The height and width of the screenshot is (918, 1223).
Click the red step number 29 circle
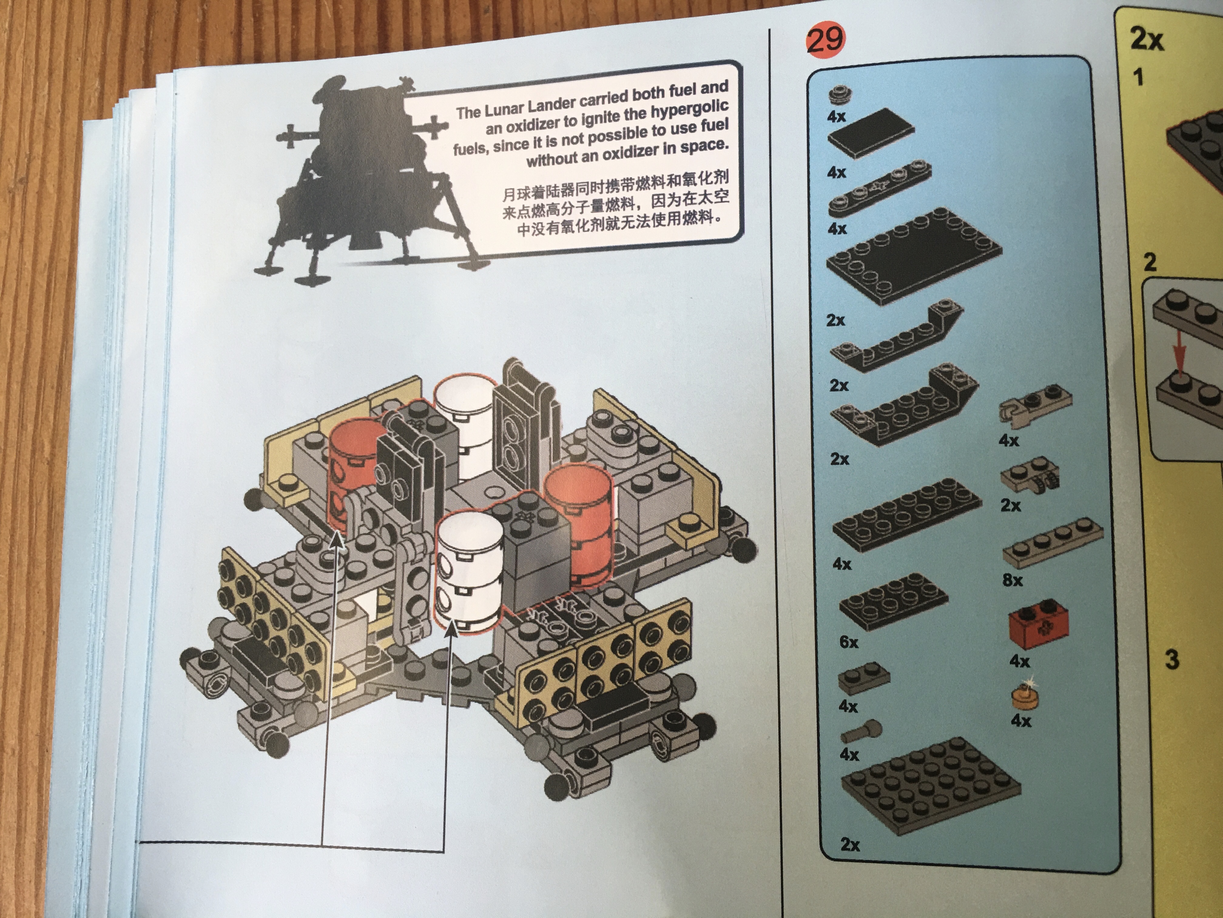(x=825, y=39)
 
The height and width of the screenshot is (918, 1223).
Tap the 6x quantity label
(x=849, y=642)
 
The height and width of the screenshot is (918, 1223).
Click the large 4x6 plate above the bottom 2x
(x=930, y=784)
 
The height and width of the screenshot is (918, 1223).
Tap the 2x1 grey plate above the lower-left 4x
(x=864, y=679)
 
